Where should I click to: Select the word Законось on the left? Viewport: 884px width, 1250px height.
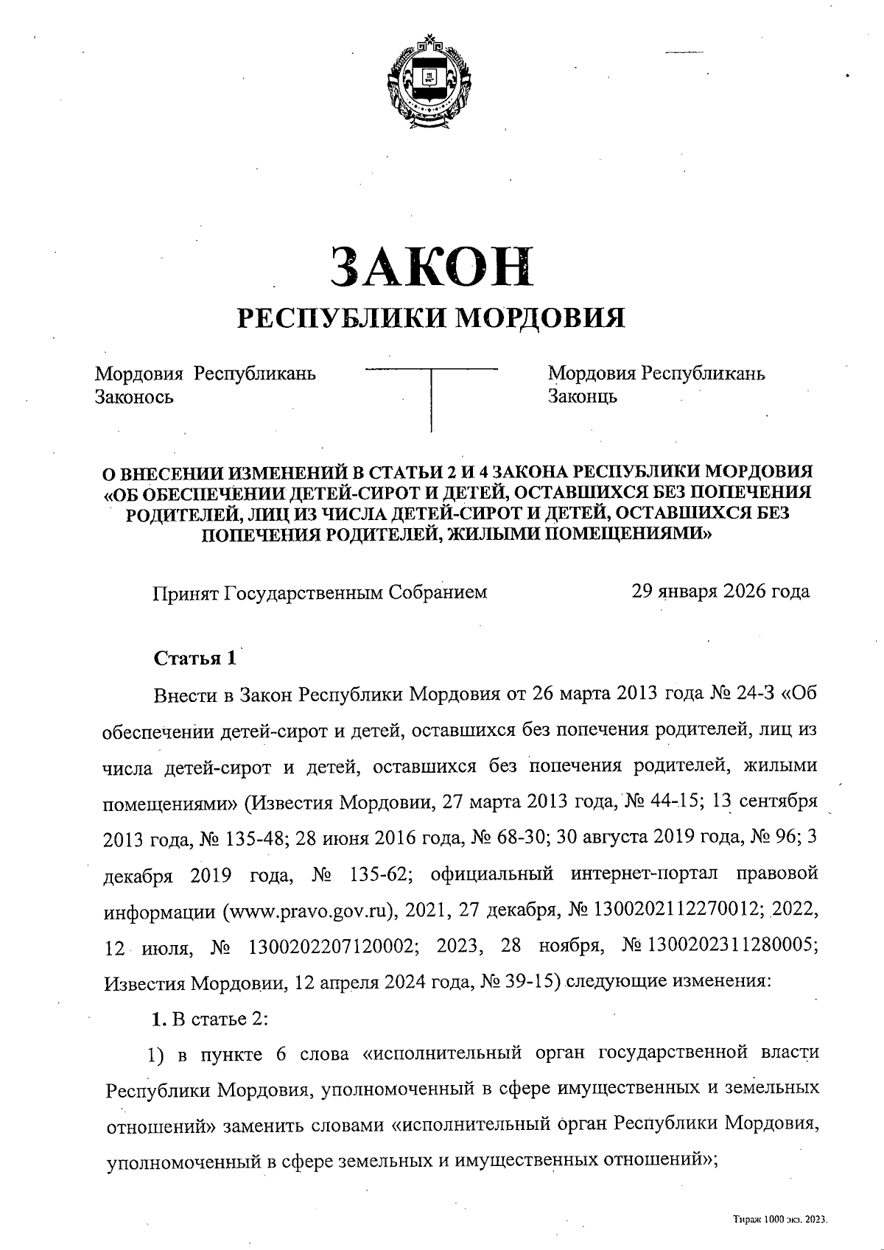pyautogui.click(x=134, y=397)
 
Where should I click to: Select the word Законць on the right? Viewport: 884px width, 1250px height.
pyautogui.click(x=582, y=397)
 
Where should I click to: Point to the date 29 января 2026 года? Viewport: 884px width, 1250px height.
pyautogui.click(x=720, y=591)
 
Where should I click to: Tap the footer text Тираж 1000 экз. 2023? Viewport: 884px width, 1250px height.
pyautogui.click(x=780, y=1219)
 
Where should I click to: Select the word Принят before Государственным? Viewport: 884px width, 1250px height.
pyautogui.click(x=185, y=592)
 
